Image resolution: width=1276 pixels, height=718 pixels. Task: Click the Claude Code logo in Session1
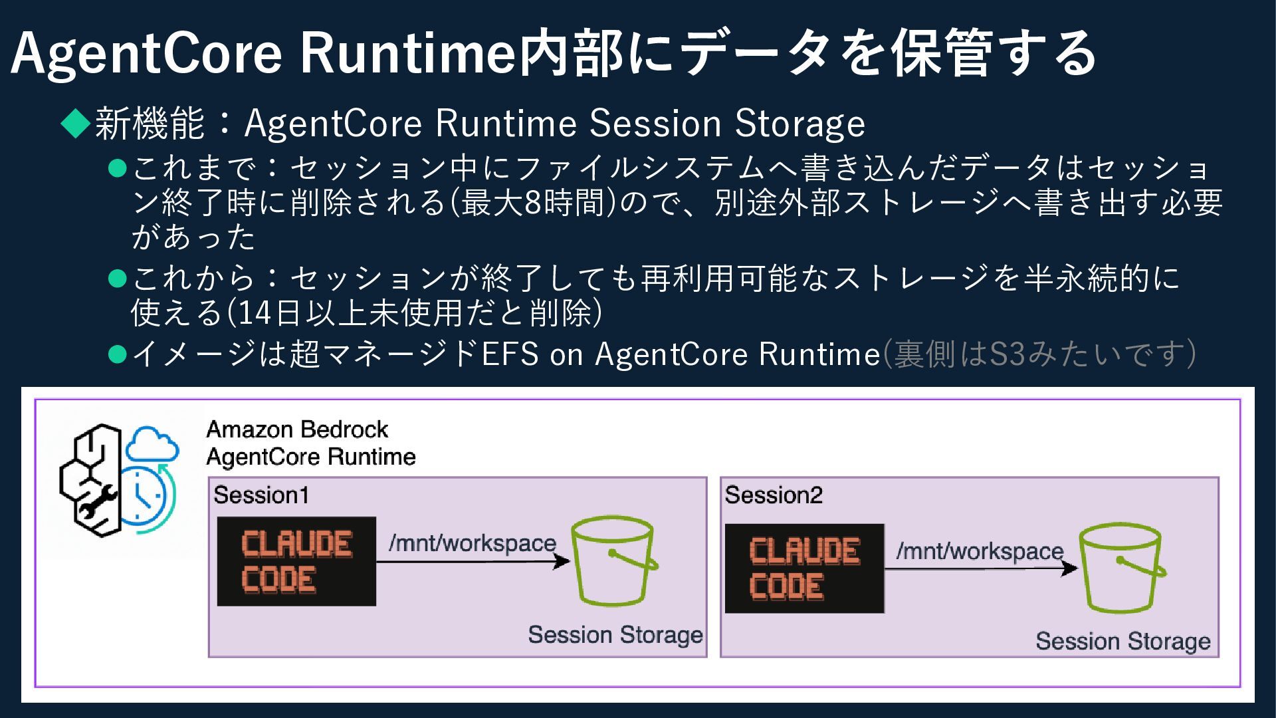(x=296, y=561)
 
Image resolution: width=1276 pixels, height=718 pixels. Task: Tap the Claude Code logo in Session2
(x=804, y=568)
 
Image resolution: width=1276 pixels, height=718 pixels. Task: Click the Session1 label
(x=261, y=495)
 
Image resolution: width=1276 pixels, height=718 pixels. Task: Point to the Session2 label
(x=774, y=495)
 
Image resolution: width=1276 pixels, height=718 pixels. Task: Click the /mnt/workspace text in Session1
(x=473, y=543)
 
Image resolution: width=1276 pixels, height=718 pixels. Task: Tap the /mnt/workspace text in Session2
(x=980, y=550)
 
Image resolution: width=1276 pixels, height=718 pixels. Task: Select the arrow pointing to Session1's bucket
(x=473, y=562)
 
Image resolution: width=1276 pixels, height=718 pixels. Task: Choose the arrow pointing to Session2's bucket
(x=980, y=568)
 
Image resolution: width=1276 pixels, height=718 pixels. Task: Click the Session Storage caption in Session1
(x=615, y=635)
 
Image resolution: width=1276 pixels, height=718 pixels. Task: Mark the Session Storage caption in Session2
(x=1123, y=642)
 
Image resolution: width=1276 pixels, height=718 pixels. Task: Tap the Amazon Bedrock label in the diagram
(x=297, y=429)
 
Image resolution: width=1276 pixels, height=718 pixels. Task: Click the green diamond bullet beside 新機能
(x=75, y=123)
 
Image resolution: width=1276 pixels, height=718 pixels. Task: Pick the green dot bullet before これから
(x=117, y=278)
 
